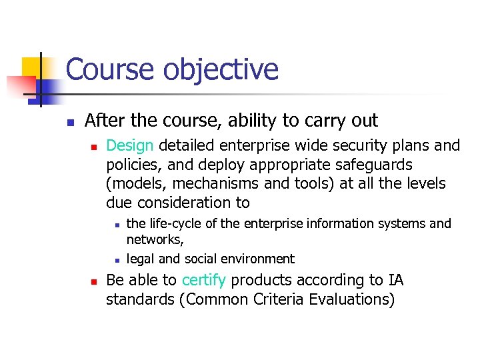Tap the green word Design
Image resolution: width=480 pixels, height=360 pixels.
pos(130,145)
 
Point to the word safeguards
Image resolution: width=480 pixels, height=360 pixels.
pos(373,165)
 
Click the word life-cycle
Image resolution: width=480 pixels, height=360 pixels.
pos(176,223)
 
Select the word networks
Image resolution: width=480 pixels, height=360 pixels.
pos(154,240)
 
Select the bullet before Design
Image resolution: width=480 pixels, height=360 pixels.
pos(94,146)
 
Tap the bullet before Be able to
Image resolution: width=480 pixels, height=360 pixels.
pos(94,281)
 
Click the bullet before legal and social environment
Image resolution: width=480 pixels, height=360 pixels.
pos(116,260)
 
